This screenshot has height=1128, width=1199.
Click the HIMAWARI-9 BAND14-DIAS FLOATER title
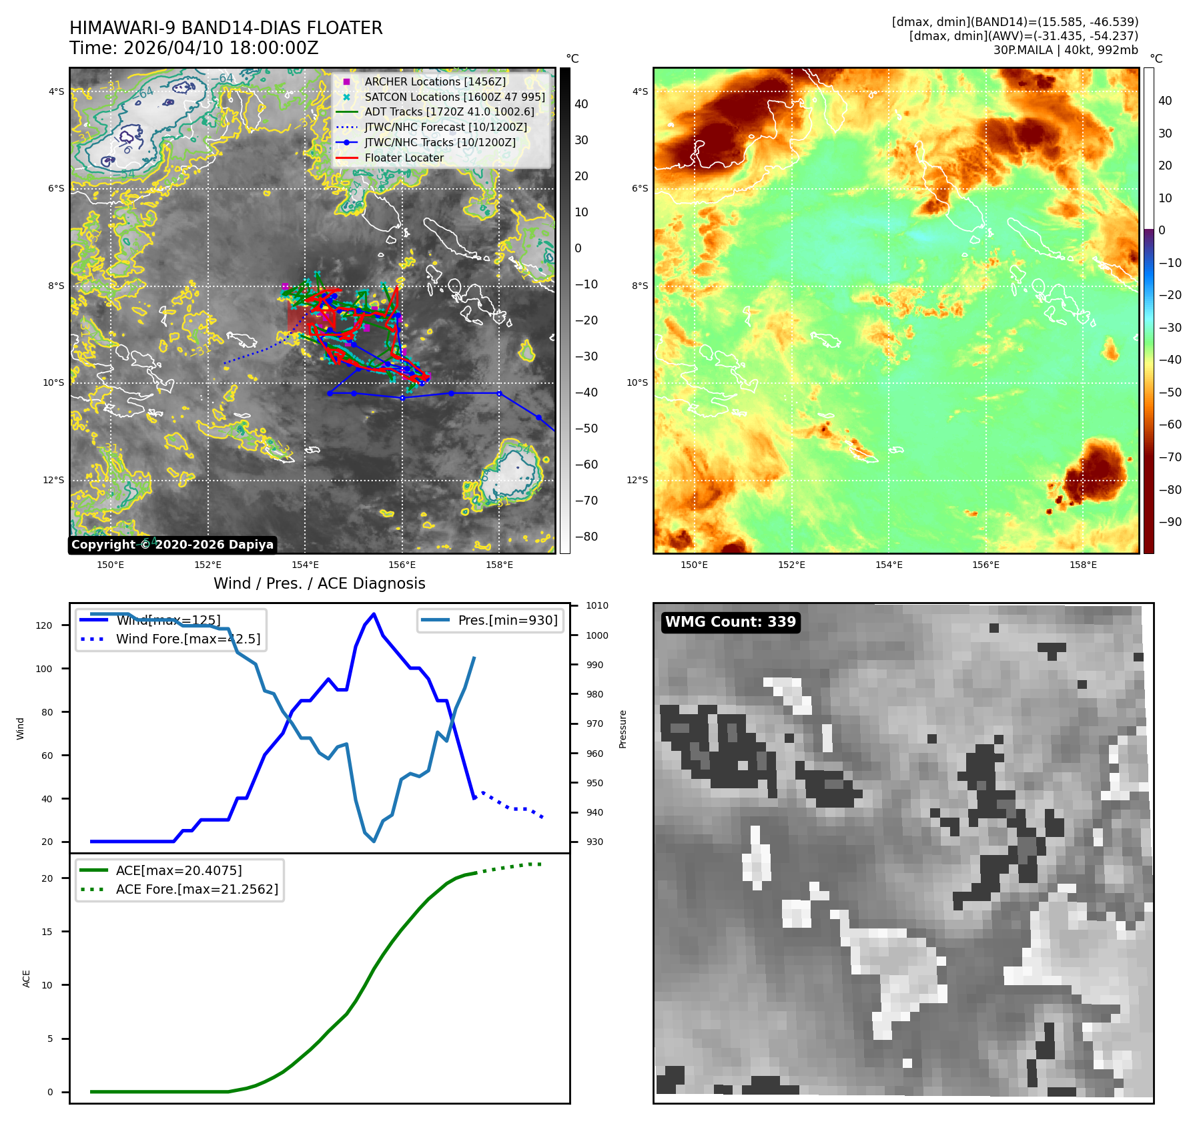point(226,28)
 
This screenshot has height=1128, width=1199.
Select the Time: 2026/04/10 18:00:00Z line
point(193,48)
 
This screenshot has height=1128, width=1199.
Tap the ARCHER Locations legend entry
point(434,81)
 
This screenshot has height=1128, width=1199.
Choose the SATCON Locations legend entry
point(454,97)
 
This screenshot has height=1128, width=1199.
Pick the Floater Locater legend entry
point(404,158)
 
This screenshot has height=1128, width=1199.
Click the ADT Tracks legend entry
point(449,111)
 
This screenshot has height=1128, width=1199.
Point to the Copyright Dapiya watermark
point(172,545)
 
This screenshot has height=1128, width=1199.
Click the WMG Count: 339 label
point(730,622)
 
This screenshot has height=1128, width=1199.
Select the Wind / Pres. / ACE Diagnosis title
point(319,583)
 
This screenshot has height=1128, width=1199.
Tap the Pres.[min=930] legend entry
point(507,620)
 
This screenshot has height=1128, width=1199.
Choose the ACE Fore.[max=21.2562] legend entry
point(197,889)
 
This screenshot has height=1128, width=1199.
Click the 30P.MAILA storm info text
point(1065,50)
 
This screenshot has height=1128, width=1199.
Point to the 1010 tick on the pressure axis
point(596,606)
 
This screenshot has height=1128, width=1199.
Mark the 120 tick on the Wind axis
point(44,625)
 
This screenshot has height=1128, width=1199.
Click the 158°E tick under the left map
point(499,565)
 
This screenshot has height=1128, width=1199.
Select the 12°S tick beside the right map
point(637,480)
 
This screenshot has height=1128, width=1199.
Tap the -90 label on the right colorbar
point(1170,522)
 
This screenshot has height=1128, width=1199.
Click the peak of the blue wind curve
point(374,614)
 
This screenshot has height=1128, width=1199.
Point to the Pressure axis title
point(623,729)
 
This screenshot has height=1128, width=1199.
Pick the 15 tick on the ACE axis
point(47,932)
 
